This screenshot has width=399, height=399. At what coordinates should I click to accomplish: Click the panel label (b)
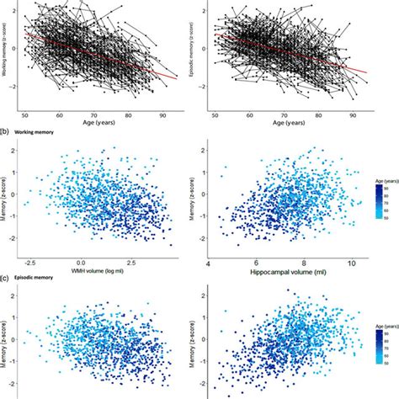[x=7, y=132]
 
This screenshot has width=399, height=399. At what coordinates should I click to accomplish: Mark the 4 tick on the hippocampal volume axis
[x=207, y=263]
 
